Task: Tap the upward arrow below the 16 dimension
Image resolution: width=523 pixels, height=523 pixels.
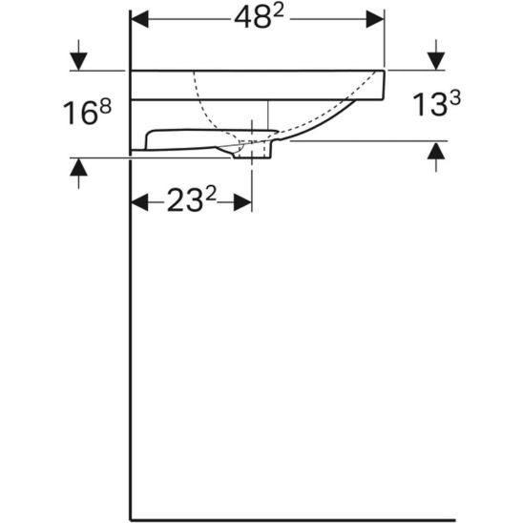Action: [x=79, y=169]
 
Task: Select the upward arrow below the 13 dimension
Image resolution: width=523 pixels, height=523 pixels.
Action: [x=436, y=152]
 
